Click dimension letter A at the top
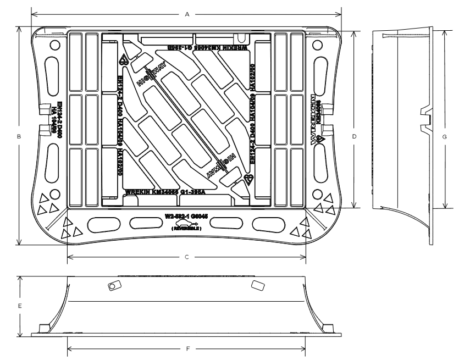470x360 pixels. pyautogui.click(x=187, y=15)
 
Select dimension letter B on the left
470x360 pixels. pyautogui.click(x=19, y=136)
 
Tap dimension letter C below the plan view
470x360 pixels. pyautogui.click(x=187, y=257)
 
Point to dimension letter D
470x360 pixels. pyautogui.click(x=355, y=136)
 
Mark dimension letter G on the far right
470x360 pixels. pyautogui.click(x=444, y=137)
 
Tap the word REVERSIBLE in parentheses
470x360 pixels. pyautogui.click(x=187, y=228)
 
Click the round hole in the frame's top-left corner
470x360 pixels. pyautogui.click(x=54, y=44)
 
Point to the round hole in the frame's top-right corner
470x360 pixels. pyautogui.click(x=317, y=44)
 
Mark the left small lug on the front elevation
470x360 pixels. pyautogui.click(x=114, y=286)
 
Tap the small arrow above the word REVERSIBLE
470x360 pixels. pyautogui.click(x=187, y=222)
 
